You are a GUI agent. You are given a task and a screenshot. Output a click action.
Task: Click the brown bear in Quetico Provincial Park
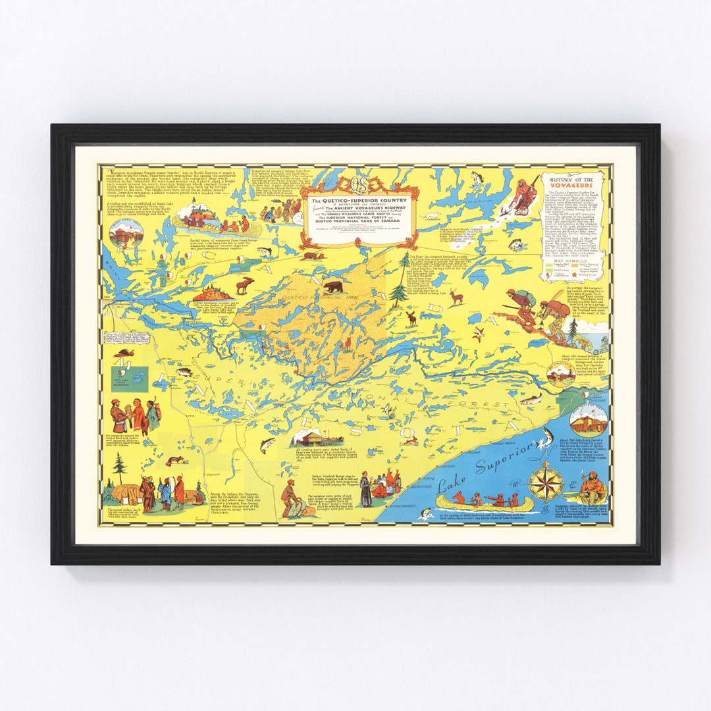click(x=333, y=286)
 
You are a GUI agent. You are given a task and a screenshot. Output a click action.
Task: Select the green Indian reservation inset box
click(x=130, y=379)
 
